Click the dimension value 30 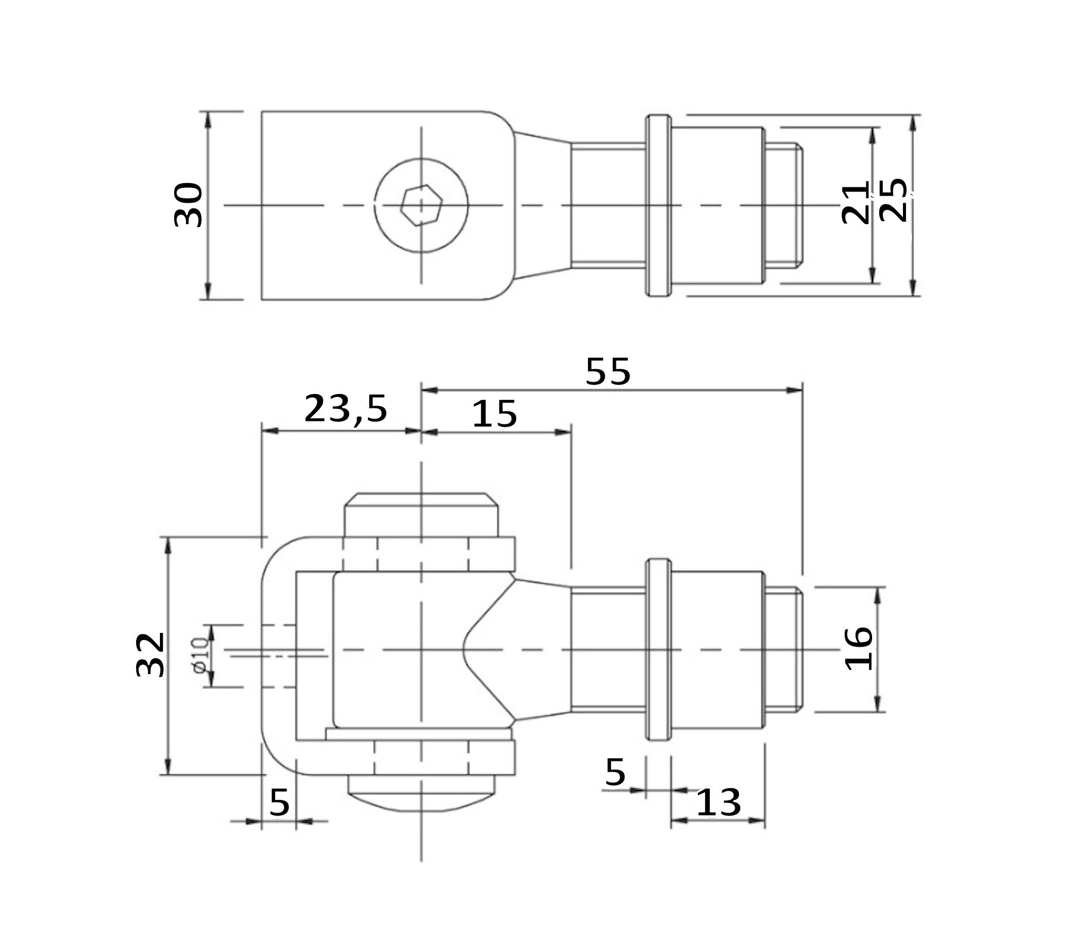click(188, 205)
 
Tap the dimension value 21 click(856, 202)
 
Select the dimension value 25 click(893, 200)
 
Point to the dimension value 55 click(608, 371)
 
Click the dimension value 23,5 click(345, 409)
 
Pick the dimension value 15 click(495, 414)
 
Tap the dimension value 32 click(150, 654)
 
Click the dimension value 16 click(859, 648)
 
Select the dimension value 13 click(718, 802)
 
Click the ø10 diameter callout click(200, 655)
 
